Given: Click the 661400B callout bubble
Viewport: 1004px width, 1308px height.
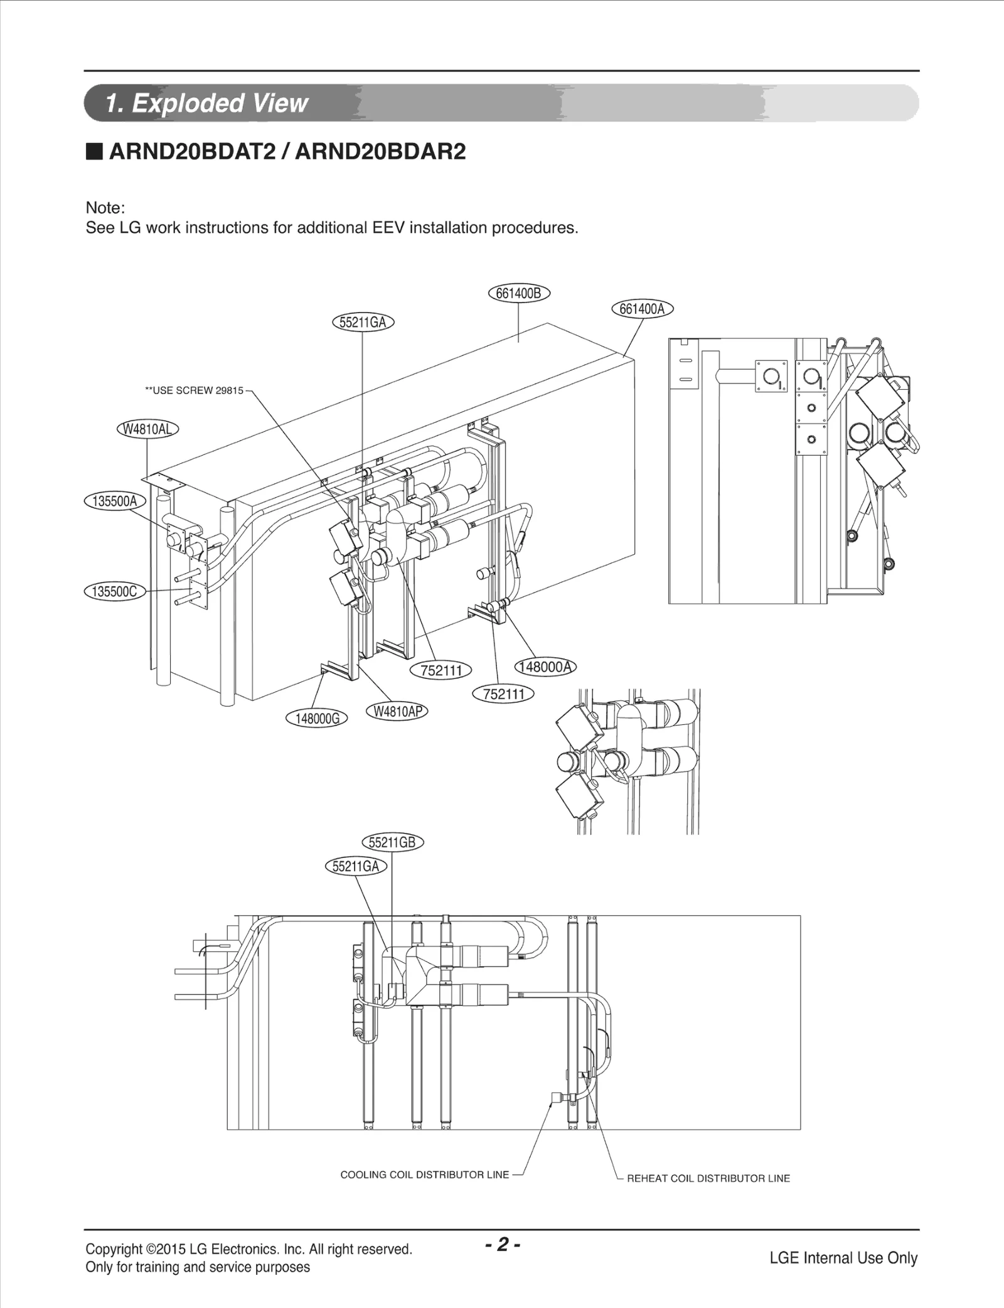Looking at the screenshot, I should point(518,293).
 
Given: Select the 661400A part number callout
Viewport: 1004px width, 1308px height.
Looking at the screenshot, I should point(641,309).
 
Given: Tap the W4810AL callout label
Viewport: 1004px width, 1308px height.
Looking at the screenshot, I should point(147,429).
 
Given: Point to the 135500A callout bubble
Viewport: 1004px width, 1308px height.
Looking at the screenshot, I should point(115,501).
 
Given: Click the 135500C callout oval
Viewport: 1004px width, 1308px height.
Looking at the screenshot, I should point(115,591).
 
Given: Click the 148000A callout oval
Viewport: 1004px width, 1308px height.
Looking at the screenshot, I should point(545,667).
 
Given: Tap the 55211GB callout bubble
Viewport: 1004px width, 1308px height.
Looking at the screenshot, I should point(393,842).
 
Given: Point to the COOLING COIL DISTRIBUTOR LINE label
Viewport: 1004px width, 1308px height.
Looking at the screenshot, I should point(424,1174).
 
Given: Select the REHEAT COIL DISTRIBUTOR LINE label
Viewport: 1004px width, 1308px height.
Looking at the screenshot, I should point(708,1178).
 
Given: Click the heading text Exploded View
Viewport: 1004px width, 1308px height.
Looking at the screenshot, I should point(220,104).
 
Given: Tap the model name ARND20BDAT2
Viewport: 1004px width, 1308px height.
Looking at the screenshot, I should point(192,153).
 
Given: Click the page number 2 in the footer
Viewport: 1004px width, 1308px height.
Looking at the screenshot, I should point(502,1244).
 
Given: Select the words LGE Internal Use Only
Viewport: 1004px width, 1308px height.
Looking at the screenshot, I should point(843,1258).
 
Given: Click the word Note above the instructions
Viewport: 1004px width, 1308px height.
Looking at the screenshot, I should point(105,208).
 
